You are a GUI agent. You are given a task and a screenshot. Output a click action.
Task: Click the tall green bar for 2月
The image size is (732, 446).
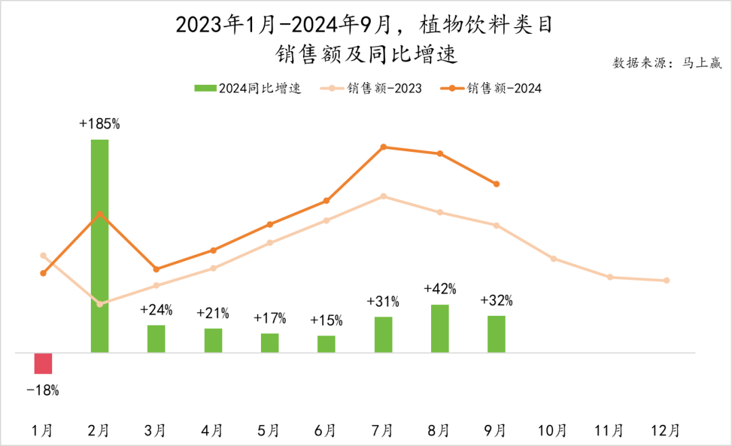100,245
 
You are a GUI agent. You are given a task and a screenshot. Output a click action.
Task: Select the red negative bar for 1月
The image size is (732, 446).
43,363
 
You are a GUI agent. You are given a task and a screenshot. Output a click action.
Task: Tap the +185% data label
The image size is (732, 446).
100,124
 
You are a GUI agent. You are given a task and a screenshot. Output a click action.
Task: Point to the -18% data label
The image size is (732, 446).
43,390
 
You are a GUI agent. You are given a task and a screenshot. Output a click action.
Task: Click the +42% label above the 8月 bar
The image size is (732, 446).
440,289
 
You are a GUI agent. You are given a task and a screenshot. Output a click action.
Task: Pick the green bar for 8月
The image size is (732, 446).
440,329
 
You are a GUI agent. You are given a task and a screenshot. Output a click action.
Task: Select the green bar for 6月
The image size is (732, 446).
326,344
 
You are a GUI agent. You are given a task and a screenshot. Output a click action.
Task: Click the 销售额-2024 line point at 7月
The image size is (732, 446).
384,147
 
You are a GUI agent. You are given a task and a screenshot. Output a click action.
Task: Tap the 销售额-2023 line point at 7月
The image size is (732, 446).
384,197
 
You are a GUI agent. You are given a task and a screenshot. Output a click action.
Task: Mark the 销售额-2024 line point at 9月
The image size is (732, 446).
497,184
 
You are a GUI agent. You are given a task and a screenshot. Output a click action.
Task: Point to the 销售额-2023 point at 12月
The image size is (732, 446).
667,281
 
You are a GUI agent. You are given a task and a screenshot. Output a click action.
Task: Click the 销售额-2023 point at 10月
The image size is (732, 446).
554,259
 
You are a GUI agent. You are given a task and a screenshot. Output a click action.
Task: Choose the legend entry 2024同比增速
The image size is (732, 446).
248,88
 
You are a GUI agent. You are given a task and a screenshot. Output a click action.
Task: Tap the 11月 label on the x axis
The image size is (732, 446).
609,430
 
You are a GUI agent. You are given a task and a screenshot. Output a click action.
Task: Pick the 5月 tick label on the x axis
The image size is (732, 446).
269,430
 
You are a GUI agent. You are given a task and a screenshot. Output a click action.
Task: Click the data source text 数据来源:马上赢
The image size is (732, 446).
667,63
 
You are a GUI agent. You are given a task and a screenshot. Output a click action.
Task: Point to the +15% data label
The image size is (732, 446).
326,320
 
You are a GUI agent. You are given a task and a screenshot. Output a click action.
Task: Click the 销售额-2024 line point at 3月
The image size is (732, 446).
157,269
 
